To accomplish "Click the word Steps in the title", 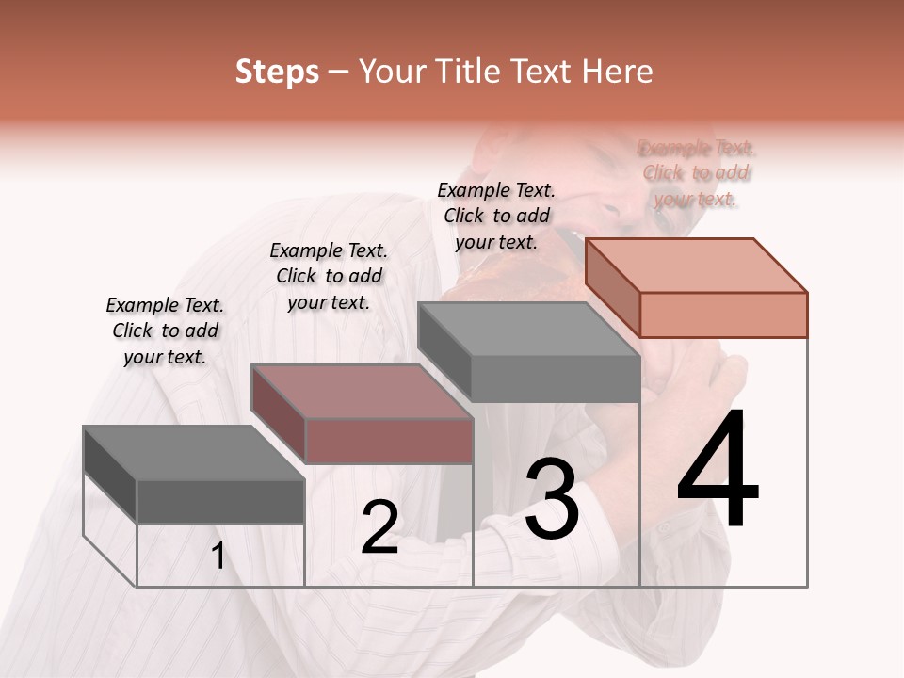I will (x=277, y=72).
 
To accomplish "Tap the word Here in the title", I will (x=617, y=72).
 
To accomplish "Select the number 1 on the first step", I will (x=218, y=557).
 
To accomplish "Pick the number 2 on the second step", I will (x=379, y=528).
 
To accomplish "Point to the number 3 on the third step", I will (x=552, y=499).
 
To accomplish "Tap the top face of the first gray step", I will (x=194, y=453).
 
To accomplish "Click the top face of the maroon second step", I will (x=362, y=392).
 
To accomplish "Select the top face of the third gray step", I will (x=528, y=330).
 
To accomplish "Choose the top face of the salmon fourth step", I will (x=697, y=265).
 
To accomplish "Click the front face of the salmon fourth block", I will (x=723, y=315).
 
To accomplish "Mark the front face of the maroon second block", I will (x=389, y=441).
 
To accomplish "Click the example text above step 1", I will (x=165, y=331).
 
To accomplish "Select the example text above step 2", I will (x=329, y=276).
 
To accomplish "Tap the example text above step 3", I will (x=496, y=216).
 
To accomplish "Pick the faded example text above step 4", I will (x=697, y=172).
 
